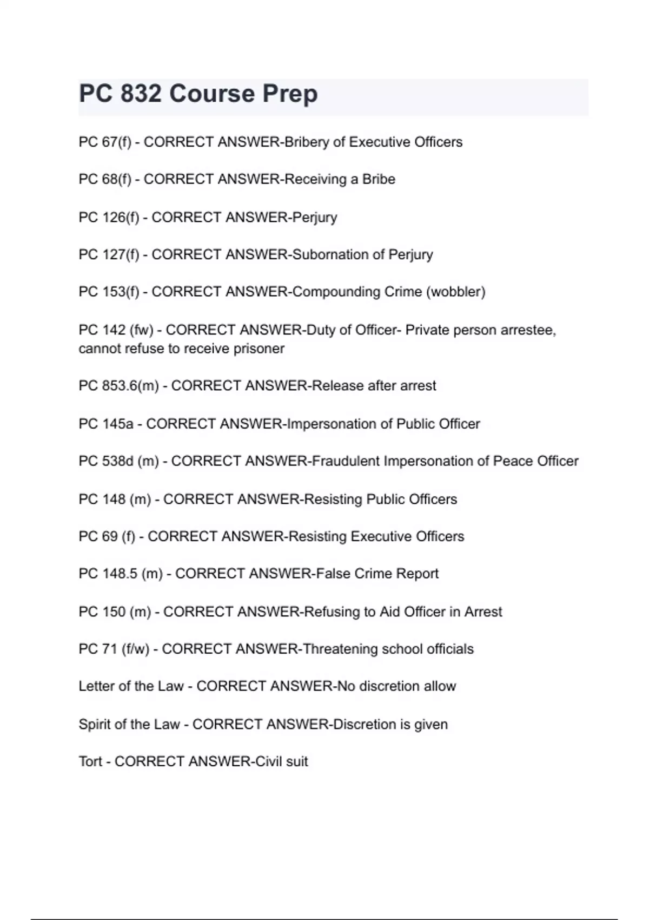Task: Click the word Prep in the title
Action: point(290,94)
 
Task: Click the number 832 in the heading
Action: point(141,94)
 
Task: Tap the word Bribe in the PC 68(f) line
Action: point(379,180)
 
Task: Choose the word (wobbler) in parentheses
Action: point(456,292)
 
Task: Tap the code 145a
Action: point(117,424)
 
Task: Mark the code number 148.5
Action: point(120,574)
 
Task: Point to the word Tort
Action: point(90,762)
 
